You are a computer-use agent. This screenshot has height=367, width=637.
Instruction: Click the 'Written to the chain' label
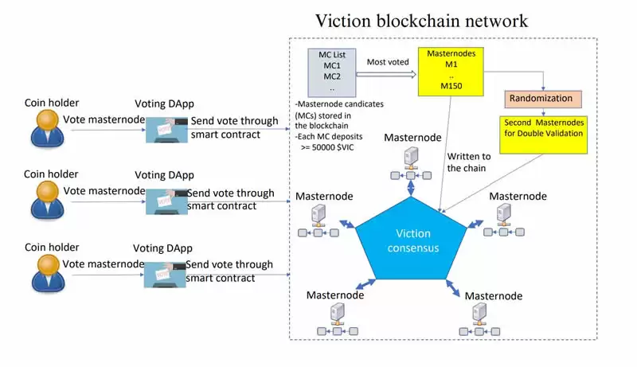click(x=470, y=162)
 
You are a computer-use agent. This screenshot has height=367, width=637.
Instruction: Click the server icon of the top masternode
click(x=411, y=156)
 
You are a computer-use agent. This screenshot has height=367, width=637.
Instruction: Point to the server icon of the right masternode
click(x=503, y=213)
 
